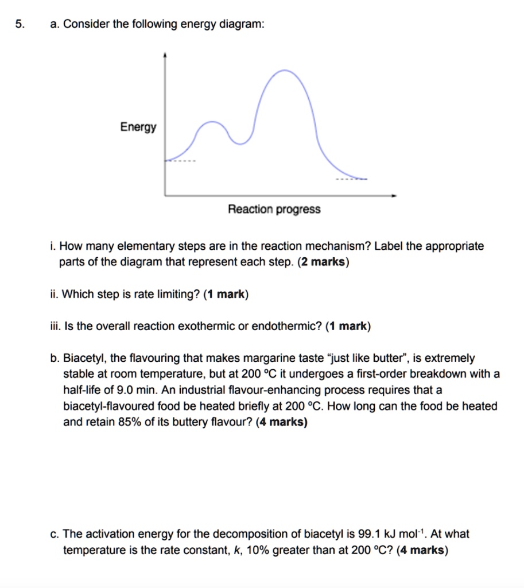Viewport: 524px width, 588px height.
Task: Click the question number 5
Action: point(20,25)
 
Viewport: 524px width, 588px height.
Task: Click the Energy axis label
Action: point(138,127)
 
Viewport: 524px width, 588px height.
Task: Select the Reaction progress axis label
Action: point(274,210)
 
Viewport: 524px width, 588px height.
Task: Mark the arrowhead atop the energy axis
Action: point(165,55)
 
